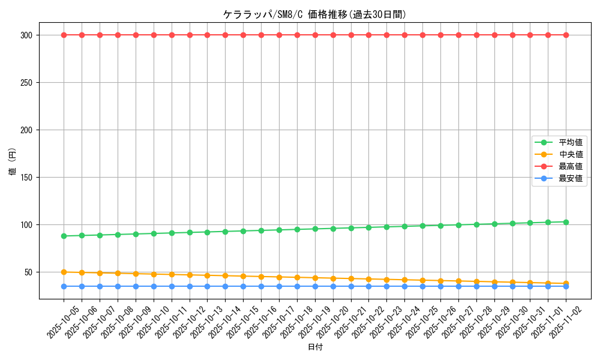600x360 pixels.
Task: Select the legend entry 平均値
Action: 571,142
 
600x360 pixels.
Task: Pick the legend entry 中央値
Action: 571,154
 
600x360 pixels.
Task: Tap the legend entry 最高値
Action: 571,166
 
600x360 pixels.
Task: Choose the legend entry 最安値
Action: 571,178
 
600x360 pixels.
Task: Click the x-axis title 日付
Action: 315,347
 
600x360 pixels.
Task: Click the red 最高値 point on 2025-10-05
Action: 64,35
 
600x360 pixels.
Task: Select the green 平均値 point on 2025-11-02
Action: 566,222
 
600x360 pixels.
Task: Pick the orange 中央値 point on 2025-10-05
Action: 64,272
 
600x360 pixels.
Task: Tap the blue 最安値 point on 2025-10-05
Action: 64,286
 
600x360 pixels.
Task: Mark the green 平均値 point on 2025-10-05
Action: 64,236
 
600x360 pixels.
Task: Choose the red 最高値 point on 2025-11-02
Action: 566,35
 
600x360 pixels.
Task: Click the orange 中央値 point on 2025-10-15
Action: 243,276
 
